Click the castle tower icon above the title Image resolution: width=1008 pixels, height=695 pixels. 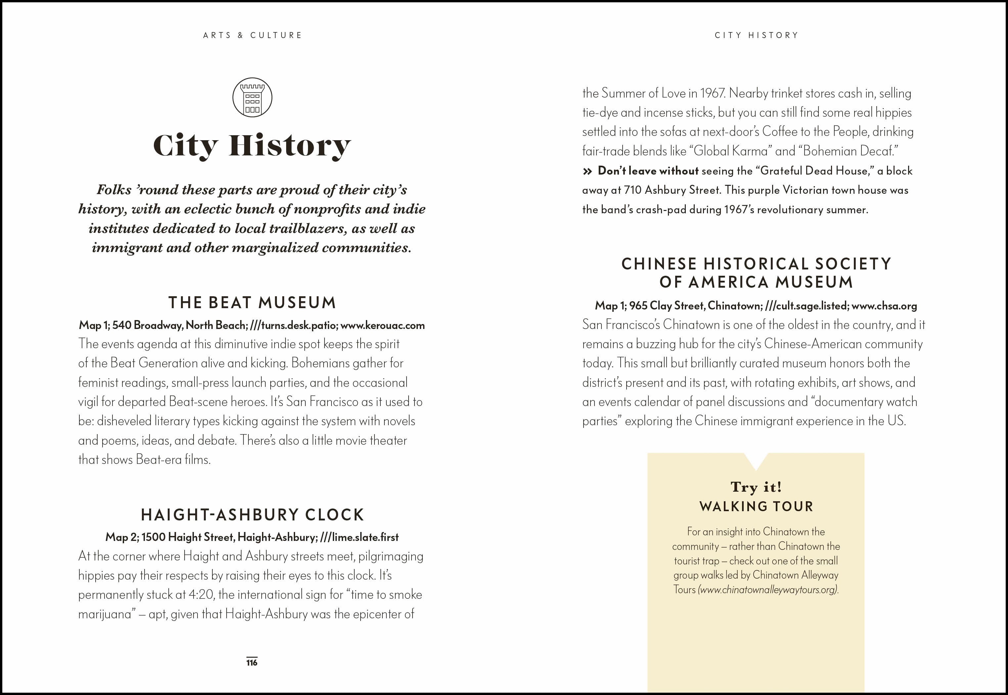pos(252,97)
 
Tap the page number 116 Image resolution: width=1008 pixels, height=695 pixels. pos(252,662)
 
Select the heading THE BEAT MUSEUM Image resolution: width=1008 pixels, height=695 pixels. pos(252,303)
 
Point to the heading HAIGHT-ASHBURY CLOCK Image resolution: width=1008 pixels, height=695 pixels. pos(252,515)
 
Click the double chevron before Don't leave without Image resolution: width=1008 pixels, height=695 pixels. pos(587,171)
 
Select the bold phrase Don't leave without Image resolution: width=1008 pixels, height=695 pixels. pos(648,171)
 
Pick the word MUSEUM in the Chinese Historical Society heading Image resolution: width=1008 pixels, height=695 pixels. pos(814,282)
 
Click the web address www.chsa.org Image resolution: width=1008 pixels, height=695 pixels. pos(884,306)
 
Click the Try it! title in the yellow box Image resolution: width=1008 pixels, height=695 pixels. pos(756,486)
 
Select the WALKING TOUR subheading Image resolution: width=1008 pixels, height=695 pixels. pos(756,507)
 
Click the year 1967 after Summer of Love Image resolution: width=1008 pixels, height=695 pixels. pos(711,93)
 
